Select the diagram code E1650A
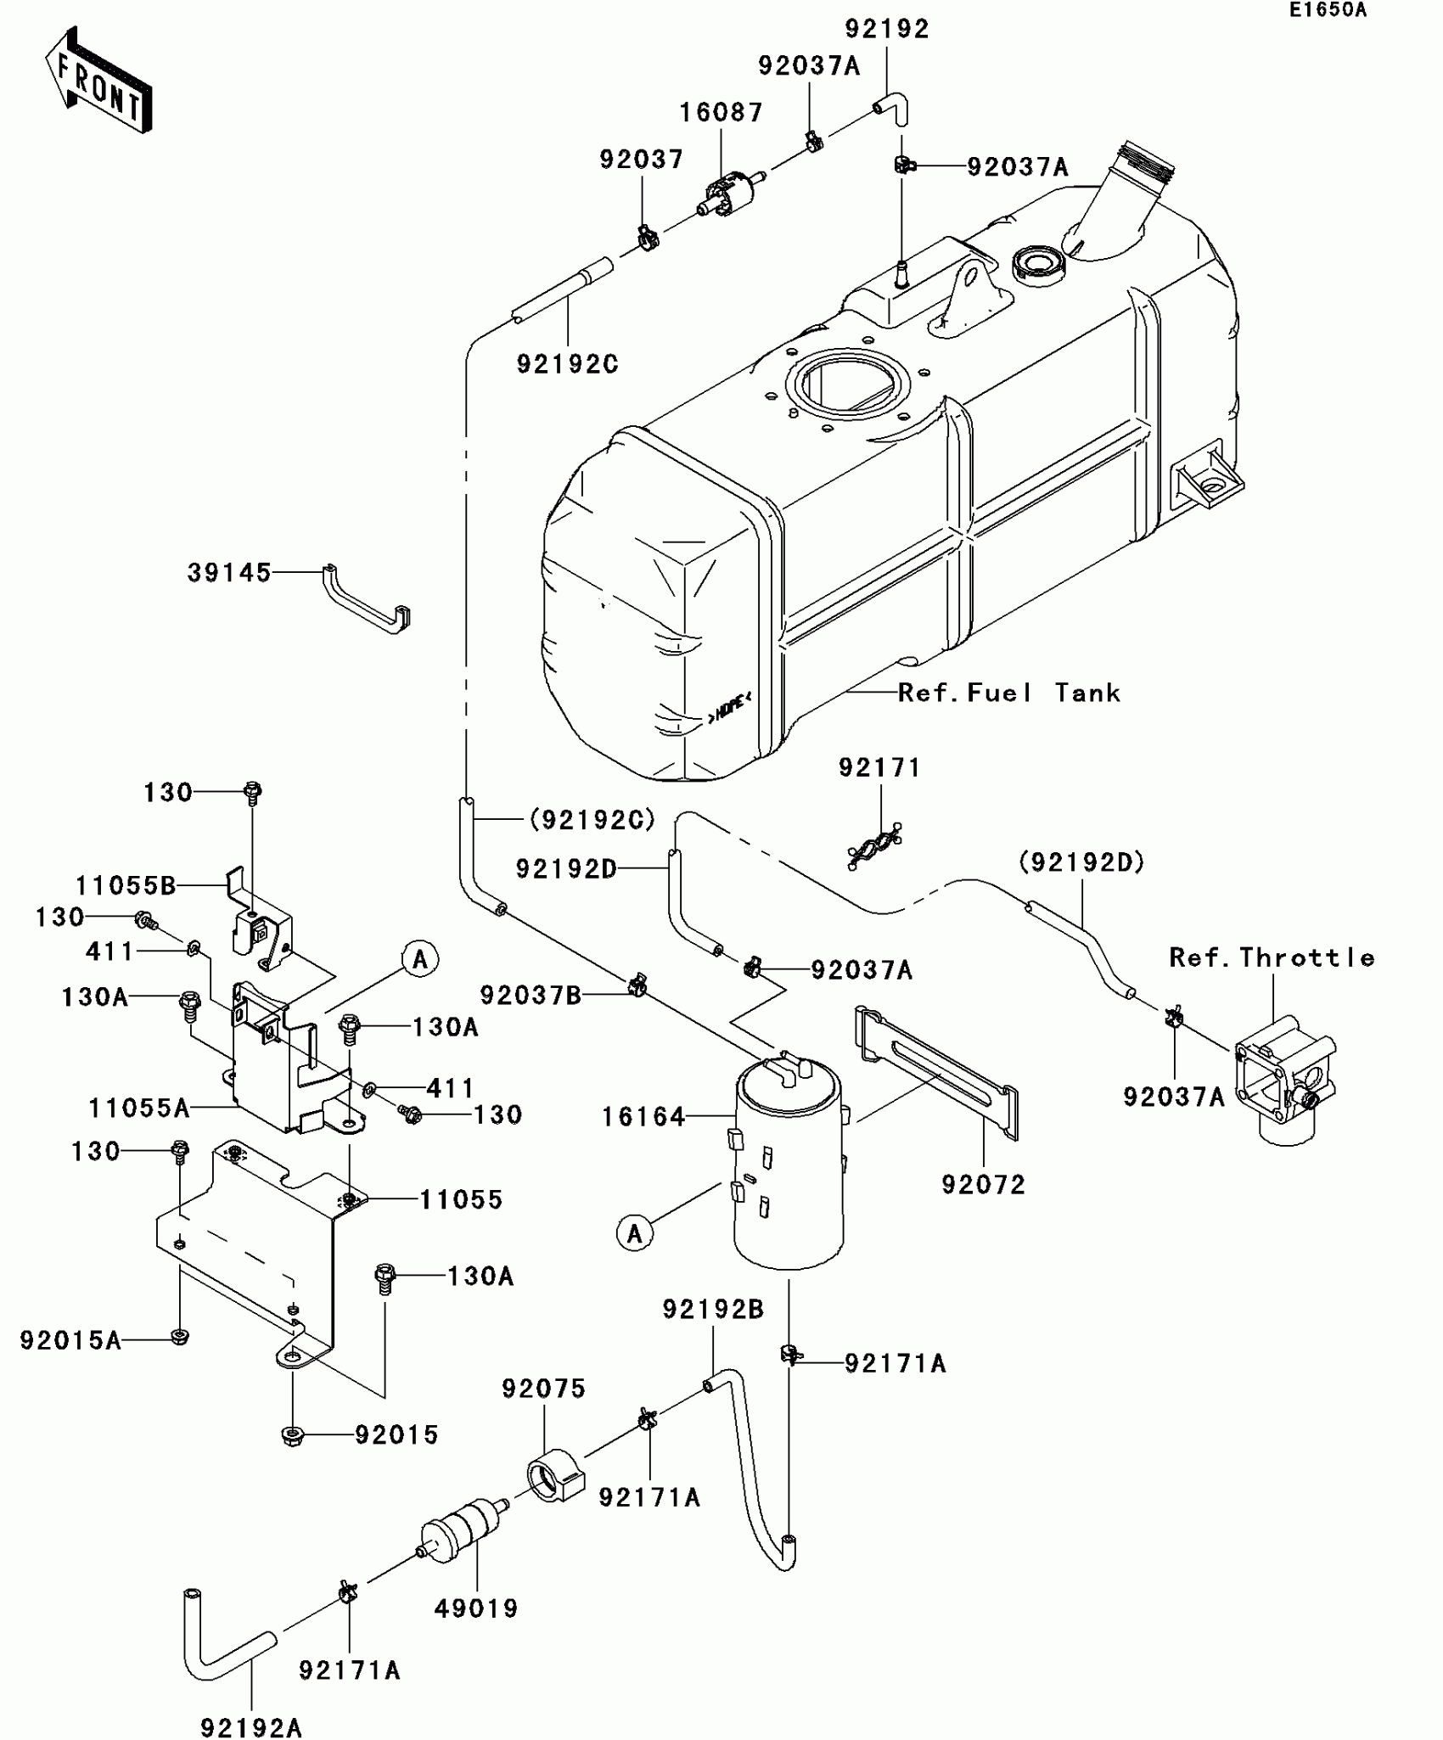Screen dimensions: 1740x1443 coord(1328,10)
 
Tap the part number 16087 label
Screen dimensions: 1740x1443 coord(721,112)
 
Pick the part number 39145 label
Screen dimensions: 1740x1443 coord(229,573)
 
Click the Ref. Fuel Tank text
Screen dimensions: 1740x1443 coord(1008,693)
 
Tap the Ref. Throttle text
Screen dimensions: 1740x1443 coord(1271,957)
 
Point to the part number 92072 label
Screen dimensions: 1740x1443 coord(983,1184)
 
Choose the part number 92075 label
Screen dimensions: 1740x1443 coord(543,1389)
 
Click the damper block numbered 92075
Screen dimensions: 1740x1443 coord(557,1478)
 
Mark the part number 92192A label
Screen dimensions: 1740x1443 coord(251,1727)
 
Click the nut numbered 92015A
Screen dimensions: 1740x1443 coord(179,1338)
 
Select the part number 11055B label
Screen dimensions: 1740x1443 coord(126,886)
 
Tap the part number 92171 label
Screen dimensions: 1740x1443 coord(879,767)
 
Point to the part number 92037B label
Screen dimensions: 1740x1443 coord(531,995)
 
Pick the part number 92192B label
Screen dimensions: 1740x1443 coord(713,1309)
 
